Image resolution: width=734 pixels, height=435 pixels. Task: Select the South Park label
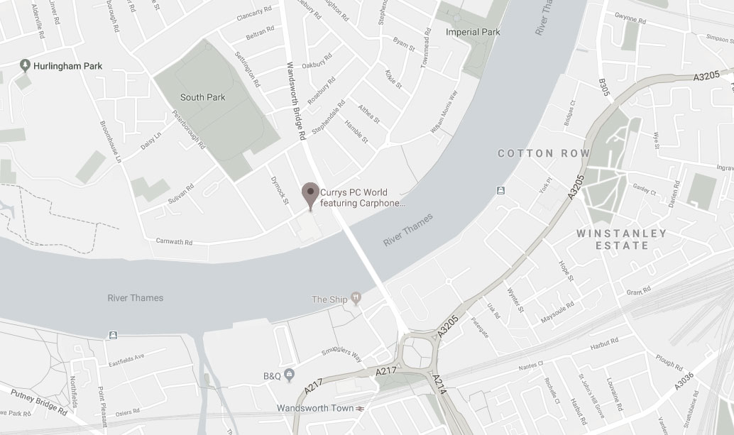(x=202, y=97)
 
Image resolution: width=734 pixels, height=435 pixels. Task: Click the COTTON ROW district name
(x=543, y=153)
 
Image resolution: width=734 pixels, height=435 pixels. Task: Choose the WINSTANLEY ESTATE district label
(x=621, y=239)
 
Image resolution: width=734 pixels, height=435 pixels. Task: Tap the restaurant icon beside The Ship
(x=356, y=299)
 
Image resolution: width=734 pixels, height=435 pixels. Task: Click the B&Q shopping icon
(x=288, y=374)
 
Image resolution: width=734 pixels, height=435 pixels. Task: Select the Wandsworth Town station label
(x=317, y=408)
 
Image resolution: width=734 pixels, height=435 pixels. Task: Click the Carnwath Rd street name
(x=174, y=242)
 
